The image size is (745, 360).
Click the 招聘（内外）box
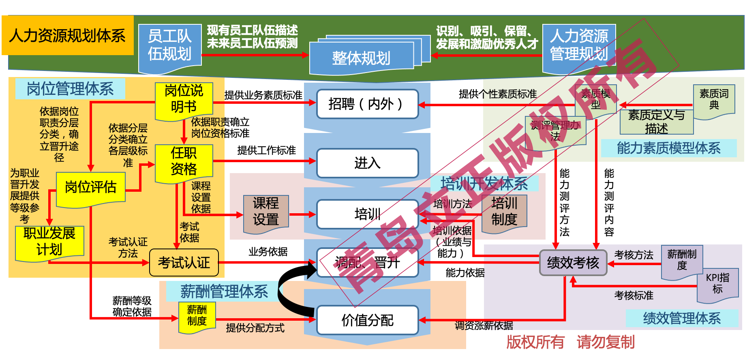(x=367, y=104)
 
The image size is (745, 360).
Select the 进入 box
(x=367, y=163)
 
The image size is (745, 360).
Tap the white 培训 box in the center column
(x=367, y=214)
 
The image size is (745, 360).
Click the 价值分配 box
(x=367, y=320)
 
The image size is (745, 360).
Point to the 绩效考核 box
(x=573, y=263)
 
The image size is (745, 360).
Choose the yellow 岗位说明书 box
(x=184, y=100)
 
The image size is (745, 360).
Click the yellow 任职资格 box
(x=184, y=162)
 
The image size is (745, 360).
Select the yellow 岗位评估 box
(x=91, y=188)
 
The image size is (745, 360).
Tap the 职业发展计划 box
(x=49, y=242)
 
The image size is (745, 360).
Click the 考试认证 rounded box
(x=184, y=263)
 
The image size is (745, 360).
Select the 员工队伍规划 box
(x=170, y=46)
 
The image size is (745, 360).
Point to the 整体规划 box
(x=361, y=58)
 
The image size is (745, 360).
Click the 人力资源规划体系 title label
(x=68, y=36)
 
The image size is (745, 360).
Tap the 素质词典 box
(x=714, y=100)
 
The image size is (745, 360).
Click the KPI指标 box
(x=717, y=284)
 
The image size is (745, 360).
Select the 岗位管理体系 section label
(x=70, y=89)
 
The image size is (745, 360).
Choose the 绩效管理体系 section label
(x=682, y=318)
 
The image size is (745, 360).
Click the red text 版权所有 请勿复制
(x=570, y=342)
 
